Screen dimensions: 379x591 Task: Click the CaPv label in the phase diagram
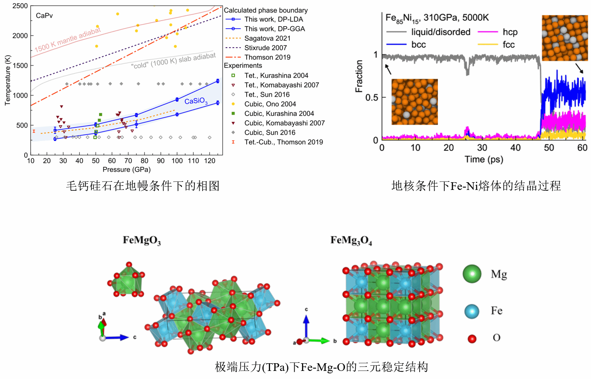(x=44, y=16)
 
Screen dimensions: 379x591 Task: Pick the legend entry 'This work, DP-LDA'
(x=273, y=19)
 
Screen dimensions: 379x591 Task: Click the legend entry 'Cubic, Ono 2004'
(x=270, y=104)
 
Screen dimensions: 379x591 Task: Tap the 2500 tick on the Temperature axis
(x=20, y=6)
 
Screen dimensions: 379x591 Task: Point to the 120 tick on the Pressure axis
(x=209, y=161)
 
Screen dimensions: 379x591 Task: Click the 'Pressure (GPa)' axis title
(x=127, y=170)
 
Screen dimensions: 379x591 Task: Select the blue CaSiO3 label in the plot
(x=196, y=101)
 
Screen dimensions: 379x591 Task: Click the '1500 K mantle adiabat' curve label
(x=67, y=40)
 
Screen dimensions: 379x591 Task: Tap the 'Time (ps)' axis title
(x=484, y=159)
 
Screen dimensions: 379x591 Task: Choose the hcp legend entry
(x=510, y=32)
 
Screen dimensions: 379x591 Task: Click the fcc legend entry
(x=509, y=44)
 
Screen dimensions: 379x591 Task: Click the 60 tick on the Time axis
(x=582, y=148)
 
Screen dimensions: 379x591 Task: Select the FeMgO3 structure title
(x=142, y=240)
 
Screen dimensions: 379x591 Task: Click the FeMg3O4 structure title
(x=351, y=240)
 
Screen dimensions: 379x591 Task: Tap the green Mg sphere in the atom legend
(x=472, y=274)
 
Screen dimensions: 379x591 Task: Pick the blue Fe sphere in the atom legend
(x=472, y=311)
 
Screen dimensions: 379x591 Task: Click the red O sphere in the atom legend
(x=472, y=339)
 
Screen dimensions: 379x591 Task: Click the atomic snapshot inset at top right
(x=565, y=38)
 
